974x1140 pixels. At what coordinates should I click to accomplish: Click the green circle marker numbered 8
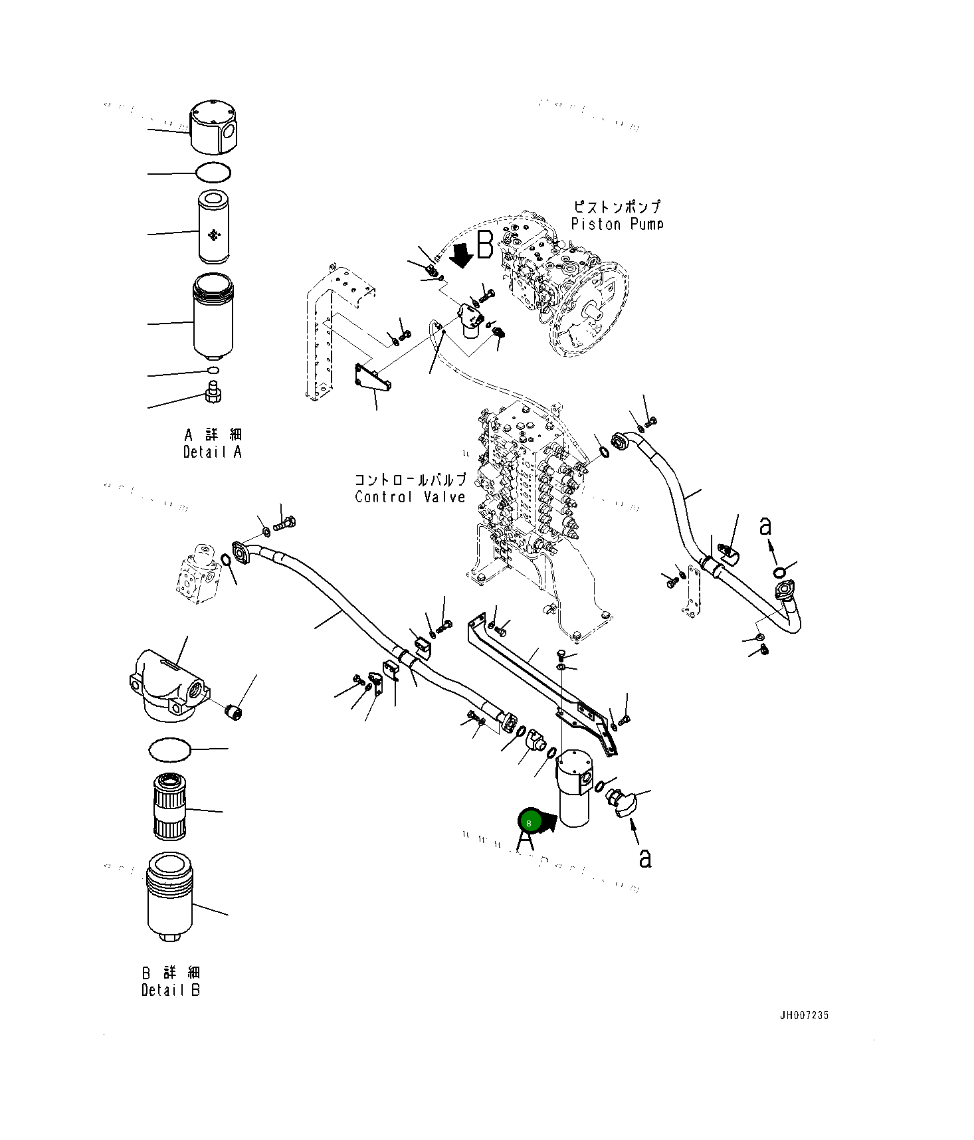529,822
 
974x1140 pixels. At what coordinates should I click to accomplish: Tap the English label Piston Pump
617,225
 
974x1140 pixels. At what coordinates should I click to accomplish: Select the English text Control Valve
410,497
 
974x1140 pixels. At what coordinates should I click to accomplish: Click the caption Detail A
213,452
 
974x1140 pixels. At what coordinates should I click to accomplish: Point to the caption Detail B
171,991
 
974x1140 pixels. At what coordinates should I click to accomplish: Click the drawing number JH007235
804,1015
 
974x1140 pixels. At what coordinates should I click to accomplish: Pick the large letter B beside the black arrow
486,245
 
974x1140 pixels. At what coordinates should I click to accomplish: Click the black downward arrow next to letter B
460,255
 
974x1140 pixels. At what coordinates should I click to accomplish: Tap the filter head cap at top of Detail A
213,128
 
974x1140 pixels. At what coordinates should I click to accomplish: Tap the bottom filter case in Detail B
169,898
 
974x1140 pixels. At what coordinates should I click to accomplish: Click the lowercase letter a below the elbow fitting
644,858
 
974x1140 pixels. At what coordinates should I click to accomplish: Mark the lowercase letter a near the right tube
765,526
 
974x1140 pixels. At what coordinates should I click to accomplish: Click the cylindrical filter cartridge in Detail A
213,226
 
